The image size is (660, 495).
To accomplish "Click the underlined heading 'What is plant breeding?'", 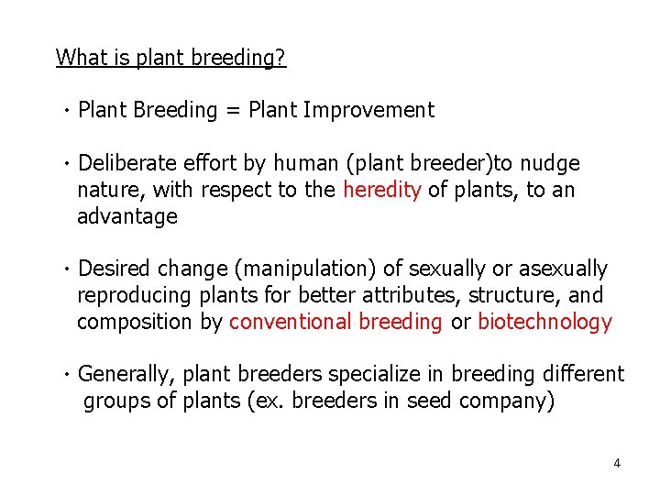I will [170, 58].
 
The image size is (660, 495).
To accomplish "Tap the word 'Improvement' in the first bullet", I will [368, 111].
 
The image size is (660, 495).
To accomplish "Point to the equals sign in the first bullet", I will [233, 111].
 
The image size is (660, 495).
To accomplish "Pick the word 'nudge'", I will [551, 164].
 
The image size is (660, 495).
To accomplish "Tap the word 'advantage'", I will [126, 216].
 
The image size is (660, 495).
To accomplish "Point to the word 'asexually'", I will [563, 269].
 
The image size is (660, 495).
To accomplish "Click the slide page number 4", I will [616, 463].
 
